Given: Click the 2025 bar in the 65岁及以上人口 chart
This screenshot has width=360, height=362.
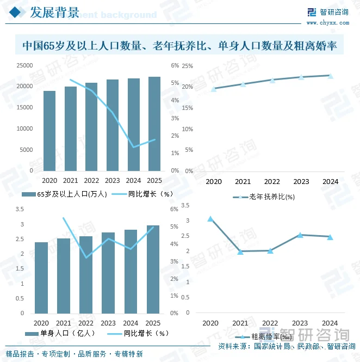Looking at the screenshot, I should (154, 124).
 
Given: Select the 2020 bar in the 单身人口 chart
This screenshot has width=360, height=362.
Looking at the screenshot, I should (41, 278).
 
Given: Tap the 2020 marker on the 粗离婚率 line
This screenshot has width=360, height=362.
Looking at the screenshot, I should (210, 219).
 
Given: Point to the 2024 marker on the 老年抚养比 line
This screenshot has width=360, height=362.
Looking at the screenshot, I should (330, 76).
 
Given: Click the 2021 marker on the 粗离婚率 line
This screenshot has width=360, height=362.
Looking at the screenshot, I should (240, 251).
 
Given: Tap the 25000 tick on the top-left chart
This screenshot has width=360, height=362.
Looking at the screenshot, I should (24, 65).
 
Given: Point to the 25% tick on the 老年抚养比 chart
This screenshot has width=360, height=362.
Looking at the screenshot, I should (187, 66).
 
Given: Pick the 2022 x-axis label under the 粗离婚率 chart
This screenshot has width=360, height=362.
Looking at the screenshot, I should (271, 323).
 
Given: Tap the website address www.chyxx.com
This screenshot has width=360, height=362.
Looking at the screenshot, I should (327, 23).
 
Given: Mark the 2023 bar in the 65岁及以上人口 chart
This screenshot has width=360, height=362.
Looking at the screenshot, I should (113, 125).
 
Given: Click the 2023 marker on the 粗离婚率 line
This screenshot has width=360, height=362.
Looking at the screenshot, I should (300, 235).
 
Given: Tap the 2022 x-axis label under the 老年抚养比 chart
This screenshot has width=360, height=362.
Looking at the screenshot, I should (271, 182).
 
